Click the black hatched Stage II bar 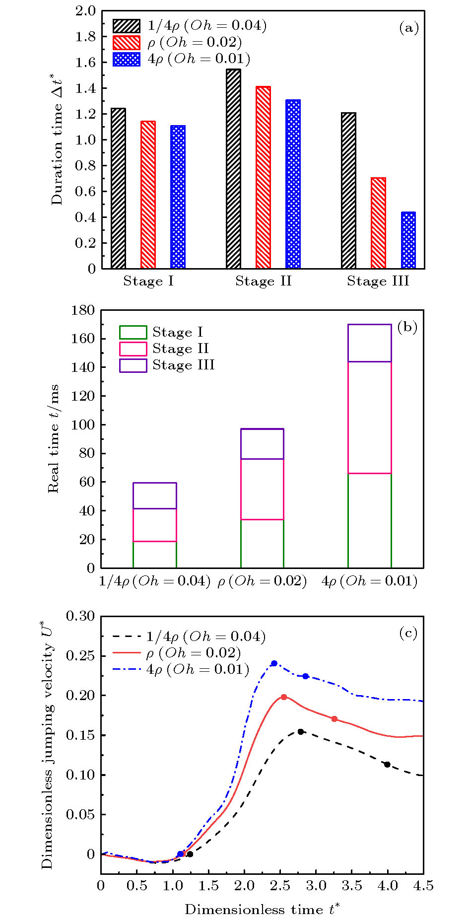(x=233, y=169)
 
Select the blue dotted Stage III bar (x=408, y=240)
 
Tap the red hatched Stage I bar (x=148, y=195)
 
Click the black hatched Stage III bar (x=348, y=191)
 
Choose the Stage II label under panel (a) (x=263, y=282)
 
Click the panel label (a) (x=409, y=28)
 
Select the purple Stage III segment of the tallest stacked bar (x=369, y=343)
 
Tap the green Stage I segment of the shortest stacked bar (x=155, y=555)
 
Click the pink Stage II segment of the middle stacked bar (x=262, y=489)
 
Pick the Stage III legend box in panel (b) (x=133, y=365)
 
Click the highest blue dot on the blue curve (x=274, y=663)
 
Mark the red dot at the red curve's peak (x=284, y=697)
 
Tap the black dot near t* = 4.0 (x=387, y=764)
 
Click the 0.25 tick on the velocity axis (x=80, y=656)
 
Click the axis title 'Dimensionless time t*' (x=262, y=909)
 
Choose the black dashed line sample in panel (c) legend (x=127, y=637)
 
